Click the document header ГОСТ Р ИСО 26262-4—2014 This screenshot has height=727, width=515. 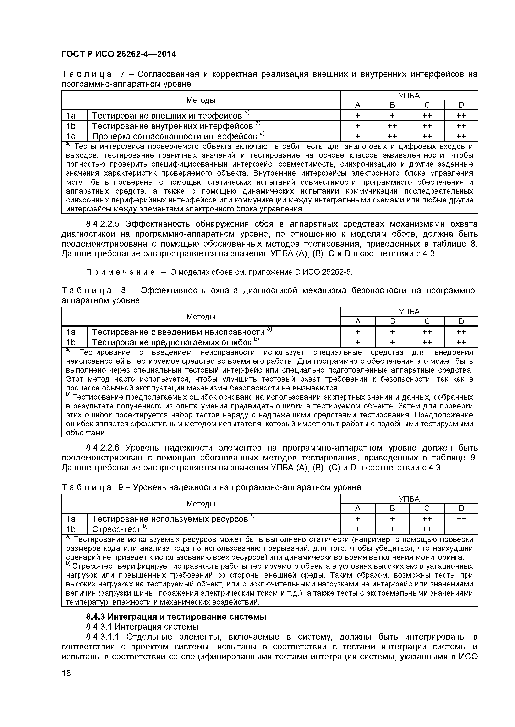[119, 54]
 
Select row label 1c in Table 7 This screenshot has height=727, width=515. [71, 137]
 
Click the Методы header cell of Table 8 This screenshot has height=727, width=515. [201, 317]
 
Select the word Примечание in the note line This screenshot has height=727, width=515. [121, 272]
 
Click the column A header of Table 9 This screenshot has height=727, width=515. [358, 509]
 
